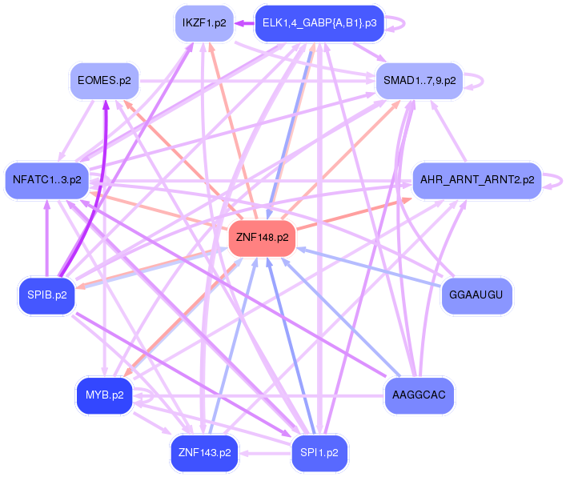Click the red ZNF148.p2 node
pyautogui.click(x=263, y=238)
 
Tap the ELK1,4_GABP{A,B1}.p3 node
pyautogui.click(x=319, y=24)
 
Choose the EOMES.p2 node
pyautogui.click(x=104, y=80)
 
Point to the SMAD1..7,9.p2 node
pyautogui.click(x=419, y=80)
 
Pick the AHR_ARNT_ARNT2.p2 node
pyautogui.click(x=477, y=179)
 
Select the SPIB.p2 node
pyautogui.click(x=46, y=295)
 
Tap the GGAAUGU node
pyautogui.click(x=476, y=295)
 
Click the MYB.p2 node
pyautogui.click(x=104, y=395)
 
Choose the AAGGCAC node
pyautogui.click(x=419, y=395)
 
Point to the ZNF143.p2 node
pyautogui.click(x=205, y=452)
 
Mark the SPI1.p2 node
pyautogui.click(x=319, y=452)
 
